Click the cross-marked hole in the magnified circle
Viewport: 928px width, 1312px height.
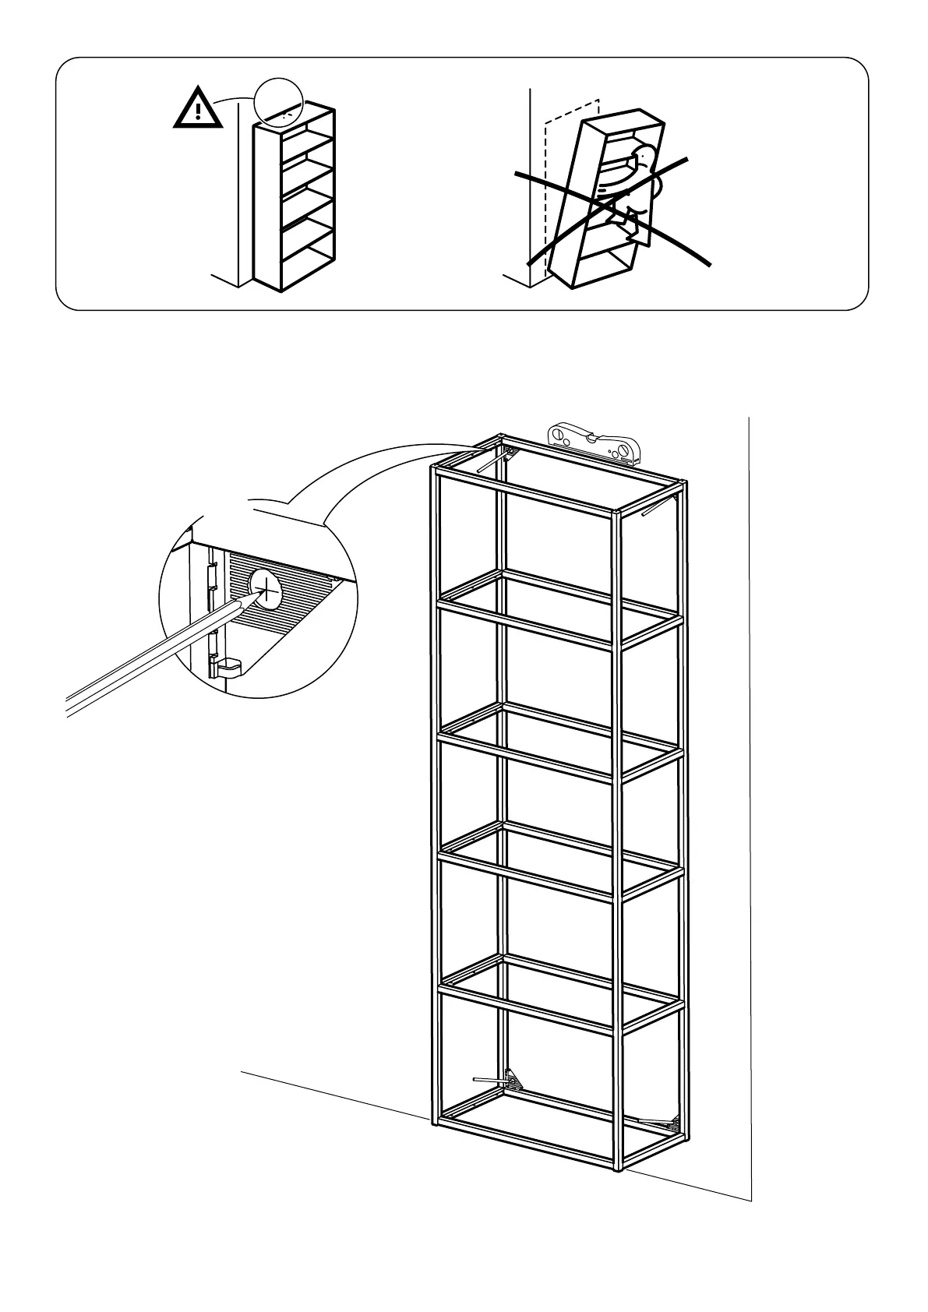pyautogui.click(x=266, y=588)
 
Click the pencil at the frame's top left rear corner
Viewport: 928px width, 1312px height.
pyautogui.click(x=491, y=461)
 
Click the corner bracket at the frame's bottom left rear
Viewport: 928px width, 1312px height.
pyautogui.click(x=514, y=1081)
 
